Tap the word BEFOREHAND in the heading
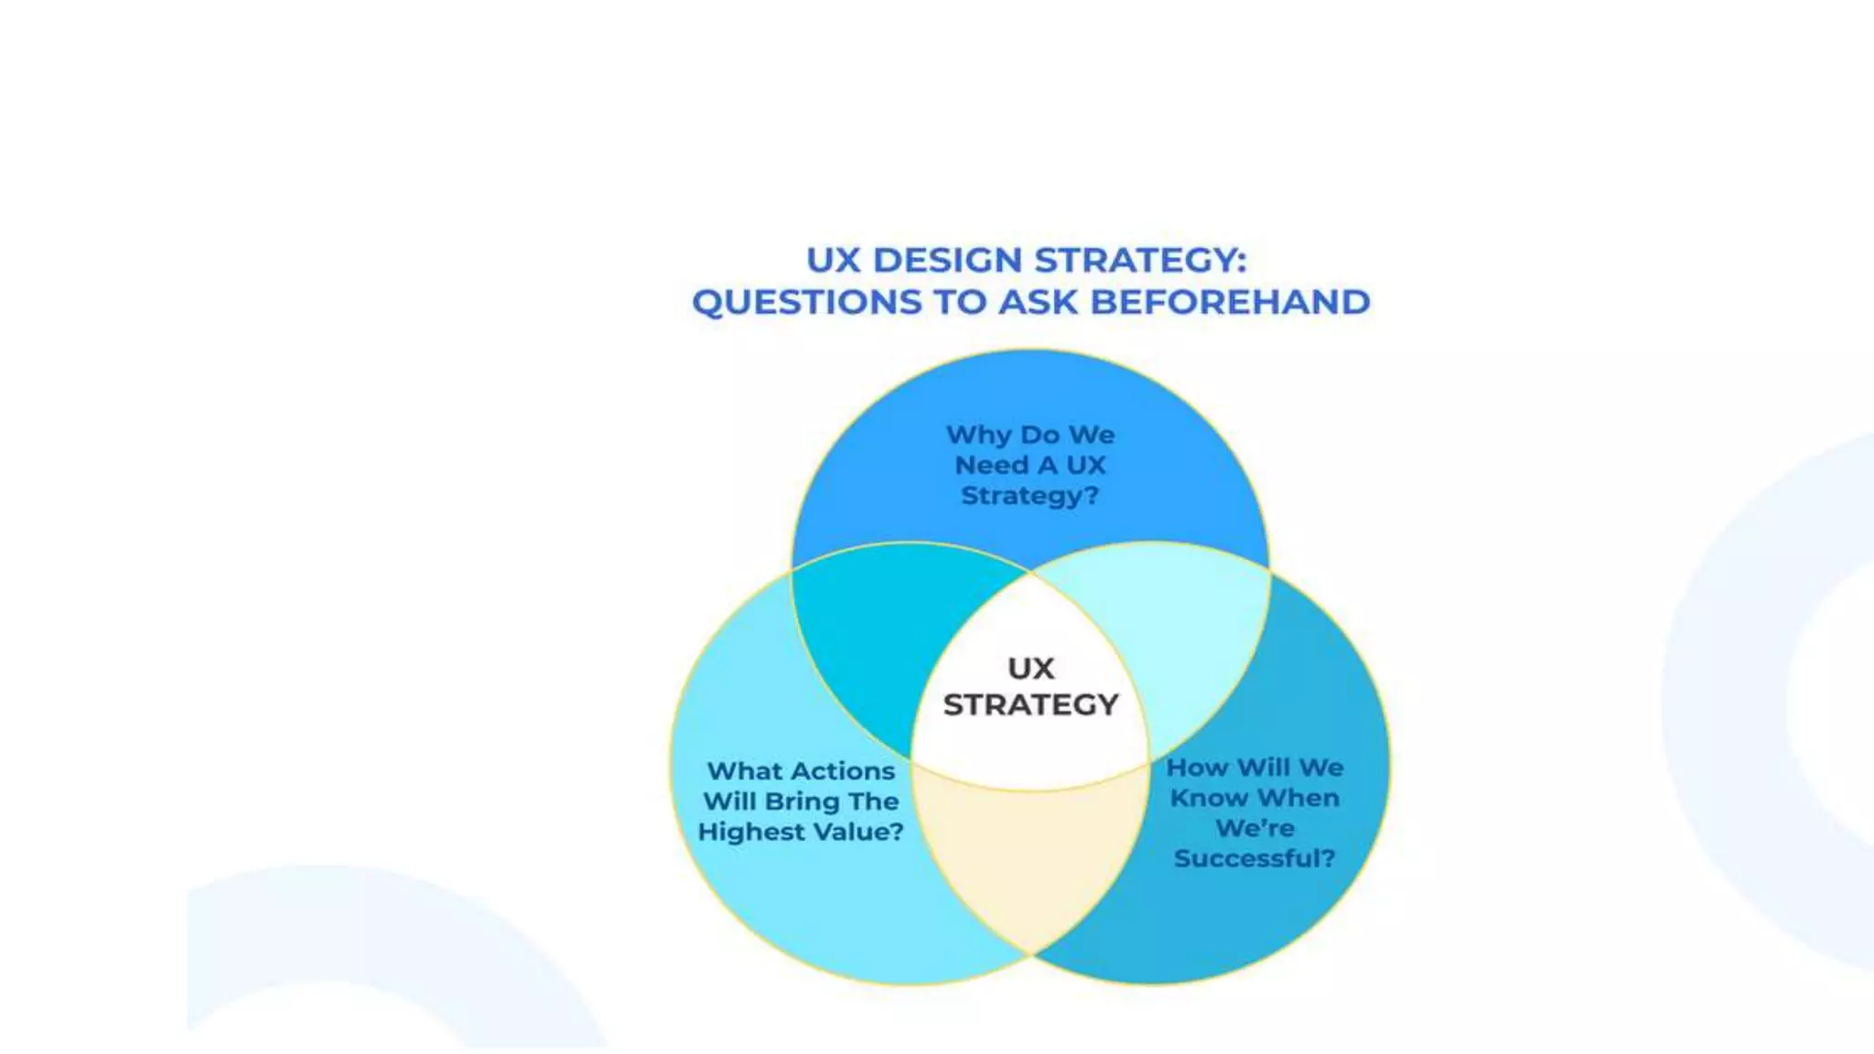1230,303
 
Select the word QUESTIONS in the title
806,303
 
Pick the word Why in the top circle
978,435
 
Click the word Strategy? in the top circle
1029,496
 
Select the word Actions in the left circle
842,771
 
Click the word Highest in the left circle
751,832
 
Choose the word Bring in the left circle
802,801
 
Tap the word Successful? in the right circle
1255,858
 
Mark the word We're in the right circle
1255,828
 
